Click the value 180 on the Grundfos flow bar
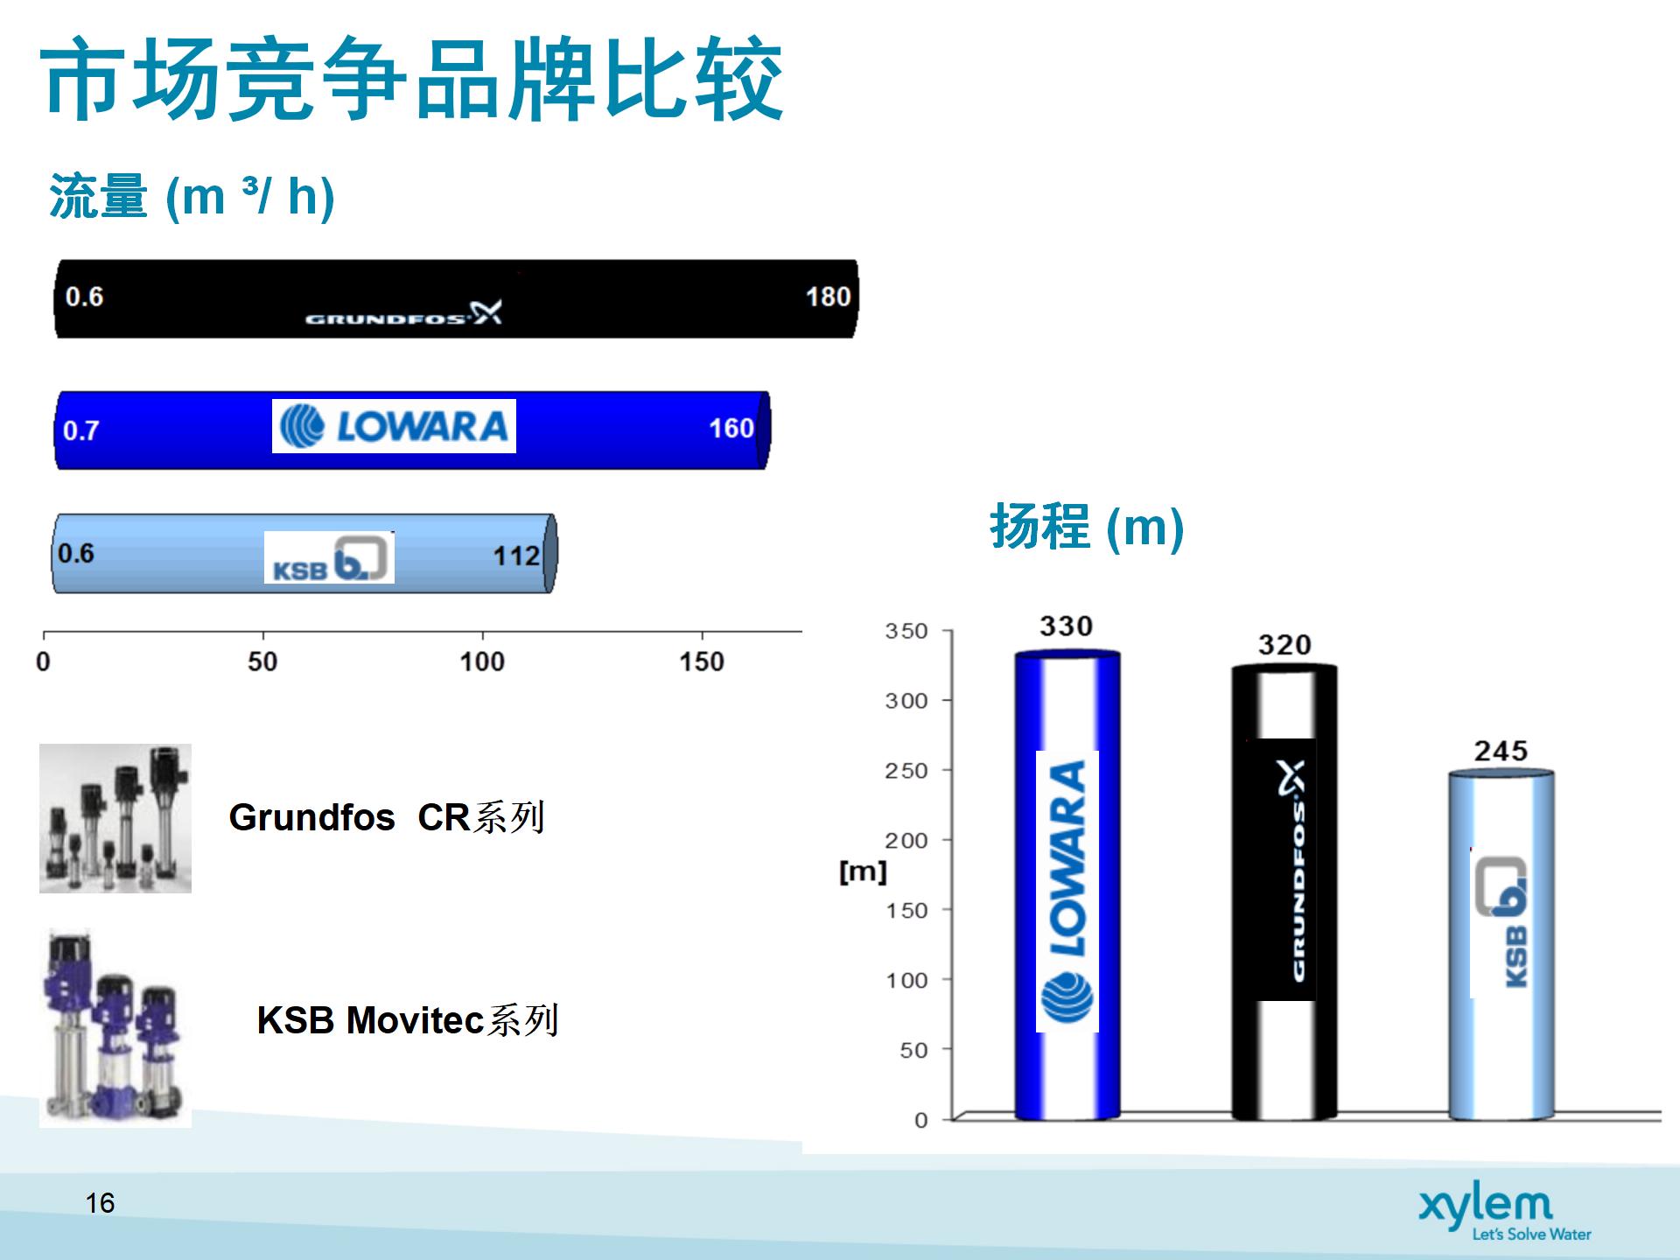pos(828,297)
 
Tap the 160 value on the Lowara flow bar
pos(731,428)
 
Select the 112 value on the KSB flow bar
pos(516,556)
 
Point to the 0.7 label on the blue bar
pos(80,430)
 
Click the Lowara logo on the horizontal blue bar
pos(394,426)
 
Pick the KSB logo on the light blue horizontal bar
pos(329,557)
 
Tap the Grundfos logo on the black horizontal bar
pos(403,313)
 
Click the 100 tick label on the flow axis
pos(482,661)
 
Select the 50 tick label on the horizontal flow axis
pos(262,661)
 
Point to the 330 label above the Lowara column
pos(1066,626)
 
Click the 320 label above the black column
pos(1284,645)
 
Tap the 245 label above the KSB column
pos(1501,751)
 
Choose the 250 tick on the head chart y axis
pos(906,771)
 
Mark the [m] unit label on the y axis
pos(863,871)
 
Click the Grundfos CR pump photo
pos(115,818)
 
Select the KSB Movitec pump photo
pos(115,1028)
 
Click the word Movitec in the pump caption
pos(416,1020)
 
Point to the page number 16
pos(101,1203)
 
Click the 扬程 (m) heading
pos(1087,527)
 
